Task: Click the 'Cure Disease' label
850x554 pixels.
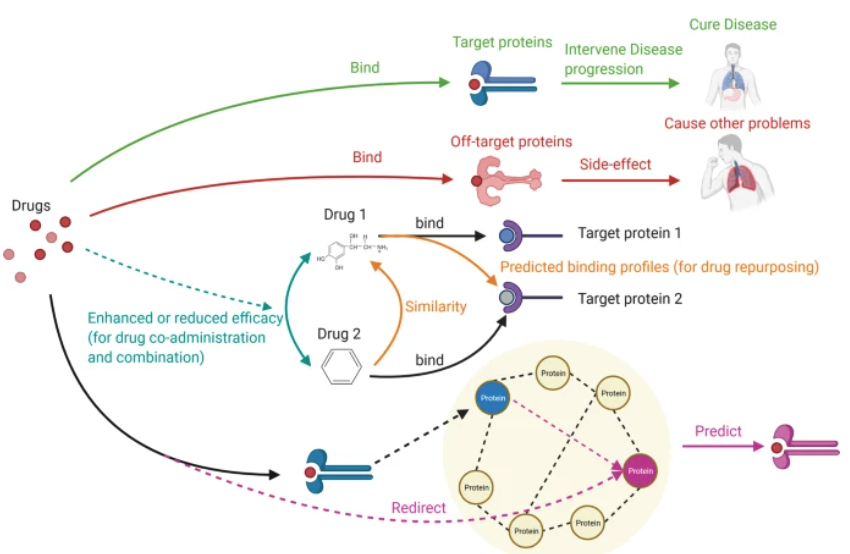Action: pyautogui.click(x=733, y=23)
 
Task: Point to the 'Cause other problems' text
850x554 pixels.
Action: pyautogui.click(x=737, y=123)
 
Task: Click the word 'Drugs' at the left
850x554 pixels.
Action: pyautogui.click(x=31, y=205)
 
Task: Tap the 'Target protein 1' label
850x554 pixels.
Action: pyautogui.click(x=629, y=233)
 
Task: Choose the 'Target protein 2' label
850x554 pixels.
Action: pyautogui.click(x=629, y=298)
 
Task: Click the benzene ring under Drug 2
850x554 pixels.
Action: pyautogui.click(x=341, y=368)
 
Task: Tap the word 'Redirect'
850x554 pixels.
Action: pyautogui.click(x=418, y=508)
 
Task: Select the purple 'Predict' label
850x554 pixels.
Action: pyautogui.click(x=719, y=431)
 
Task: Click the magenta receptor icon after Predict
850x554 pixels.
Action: pyautogui.click(x=797, y=448)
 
